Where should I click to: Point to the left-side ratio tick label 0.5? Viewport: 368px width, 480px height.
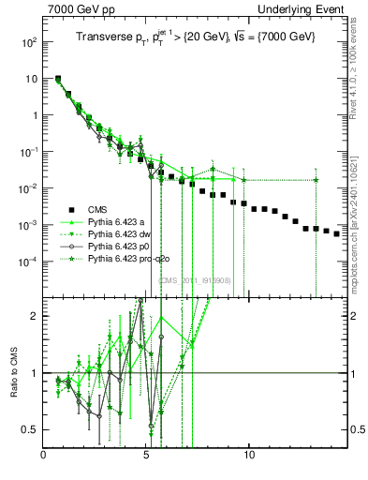click(30, 429)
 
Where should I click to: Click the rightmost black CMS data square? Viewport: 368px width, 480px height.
click(336, 233)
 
